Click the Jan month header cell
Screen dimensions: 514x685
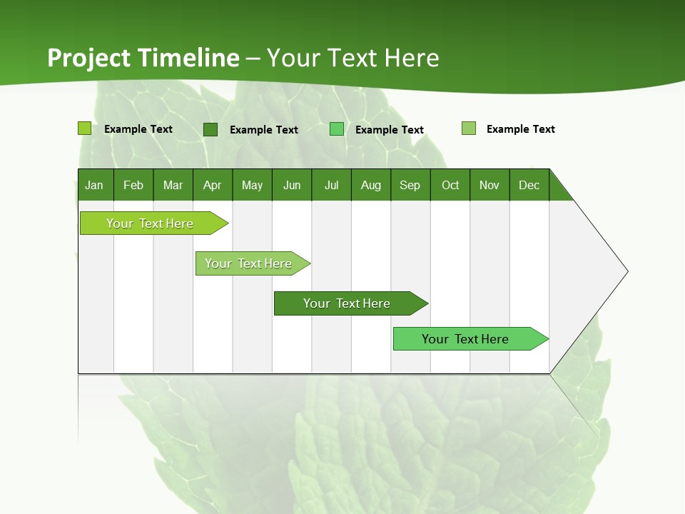(x=94, y=185)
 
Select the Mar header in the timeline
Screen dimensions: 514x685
(x=173, y=185)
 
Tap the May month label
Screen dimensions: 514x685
(x=252, y=185)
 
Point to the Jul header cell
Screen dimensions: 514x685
(x=331, y=185)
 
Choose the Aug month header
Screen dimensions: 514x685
(x=370, y=185)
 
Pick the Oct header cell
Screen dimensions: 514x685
(x=450, y=185)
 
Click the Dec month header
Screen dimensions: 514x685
(x=529, y=185)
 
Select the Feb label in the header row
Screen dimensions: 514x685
(x=133, y=185)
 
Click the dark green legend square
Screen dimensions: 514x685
(x=210, y=129)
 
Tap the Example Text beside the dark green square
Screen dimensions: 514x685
(x=263, y=130)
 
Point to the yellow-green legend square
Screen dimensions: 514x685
(x=85, y=128)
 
